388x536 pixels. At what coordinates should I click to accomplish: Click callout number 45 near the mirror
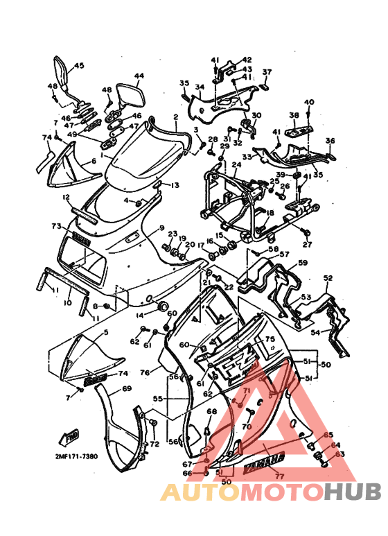[x=78, y=66]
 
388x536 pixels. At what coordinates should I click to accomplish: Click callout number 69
[x=126, y=389]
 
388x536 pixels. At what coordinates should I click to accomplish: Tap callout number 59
[x=302, y=263]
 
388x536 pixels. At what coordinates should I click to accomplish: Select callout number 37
[x=267, y=72]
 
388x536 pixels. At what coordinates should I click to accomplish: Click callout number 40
[x=309, y=102]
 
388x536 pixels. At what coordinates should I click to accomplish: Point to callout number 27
[x=307, y=244]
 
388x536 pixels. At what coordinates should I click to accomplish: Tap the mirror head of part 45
[x=61, y=71]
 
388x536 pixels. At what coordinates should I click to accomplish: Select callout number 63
[x=339, y=455]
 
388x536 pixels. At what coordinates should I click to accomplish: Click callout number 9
[x=160, y=227]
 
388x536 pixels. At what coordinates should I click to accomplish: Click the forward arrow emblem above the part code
[x=71, y=437]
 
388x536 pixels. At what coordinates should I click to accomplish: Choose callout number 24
[x=236, y=165]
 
